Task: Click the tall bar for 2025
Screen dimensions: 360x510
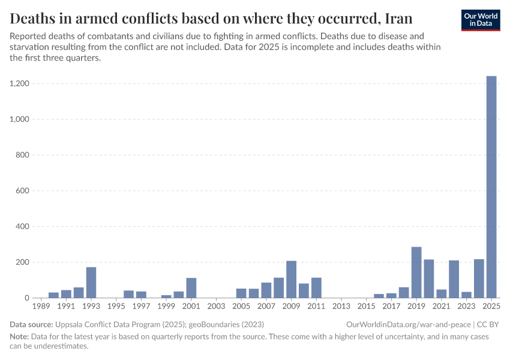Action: [491, 187]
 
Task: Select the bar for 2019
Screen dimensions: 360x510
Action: [416, 272]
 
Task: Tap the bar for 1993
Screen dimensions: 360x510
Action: [91, 283]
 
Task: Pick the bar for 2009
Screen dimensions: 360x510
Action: [291, 280]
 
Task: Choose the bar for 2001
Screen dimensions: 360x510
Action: [191, 288]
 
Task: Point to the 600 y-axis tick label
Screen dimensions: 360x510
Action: [22, 191]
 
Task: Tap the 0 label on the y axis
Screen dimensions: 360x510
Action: [26, 298]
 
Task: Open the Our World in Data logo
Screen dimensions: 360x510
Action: [481, 20]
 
